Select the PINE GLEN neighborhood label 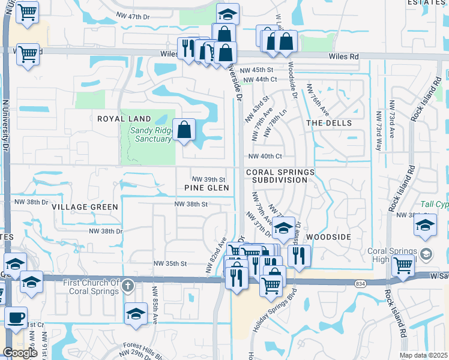(x=207, y=188)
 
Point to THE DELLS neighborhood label (x=329, y=122)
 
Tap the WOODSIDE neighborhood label (x=328, y=237)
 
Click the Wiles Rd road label (x=343, y=56)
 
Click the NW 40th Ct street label (x=265, y=156)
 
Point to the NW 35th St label (x=172, y=263)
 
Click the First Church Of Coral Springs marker (x=127, y=287)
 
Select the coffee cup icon (x=16, y=317)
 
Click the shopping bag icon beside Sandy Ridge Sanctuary (x=184, y=129)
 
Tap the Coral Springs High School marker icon (x=426, y=253)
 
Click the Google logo (x=20, y=353)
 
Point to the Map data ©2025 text (x=423, y=355)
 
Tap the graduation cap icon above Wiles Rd (x=228, y=14)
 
